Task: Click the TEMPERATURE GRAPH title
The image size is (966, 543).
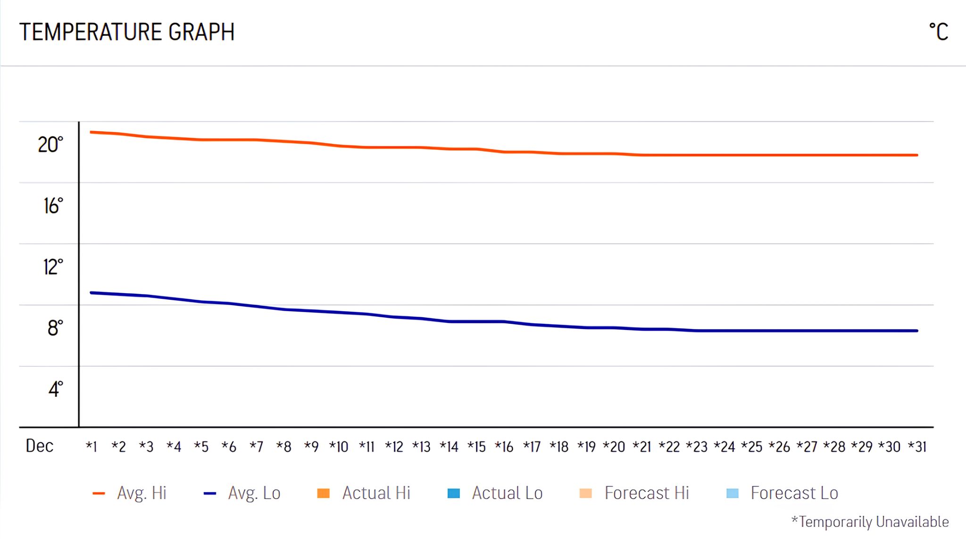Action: coord(126,32)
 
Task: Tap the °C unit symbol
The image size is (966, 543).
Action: coord(938,32)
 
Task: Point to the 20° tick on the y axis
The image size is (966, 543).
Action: coord(50,145)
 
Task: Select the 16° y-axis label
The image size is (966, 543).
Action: coord(53,206)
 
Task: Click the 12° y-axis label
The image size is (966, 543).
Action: coord(52,267)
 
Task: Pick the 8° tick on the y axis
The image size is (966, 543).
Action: coord(55,328)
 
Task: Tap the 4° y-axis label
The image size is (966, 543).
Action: coord(55,389)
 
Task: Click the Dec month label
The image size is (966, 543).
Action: coord(40,446)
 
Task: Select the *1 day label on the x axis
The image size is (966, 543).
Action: coord(92,446)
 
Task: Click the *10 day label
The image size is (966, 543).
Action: coord(339,446)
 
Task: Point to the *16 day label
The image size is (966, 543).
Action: coord(504,446)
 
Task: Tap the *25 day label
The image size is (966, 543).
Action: coord(751,446)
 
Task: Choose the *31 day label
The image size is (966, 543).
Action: coord(917,446)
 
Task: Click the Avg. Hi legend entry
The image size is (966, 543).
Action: coord(142,493)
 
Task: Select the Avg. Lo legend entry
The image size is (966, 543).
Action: coord(254,493)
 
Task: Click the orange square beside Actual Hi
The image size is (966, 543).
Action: coord(323,494)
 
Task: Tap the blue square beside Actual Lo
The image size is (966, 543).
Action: coord(453,494)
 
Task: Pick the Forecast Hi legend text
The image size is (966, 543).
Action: coord(647,493)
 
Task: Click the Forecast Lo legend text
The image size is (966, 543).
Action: coord(794,493)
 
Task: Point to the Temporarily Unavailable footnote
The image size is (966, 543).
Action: coord(870,522)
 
